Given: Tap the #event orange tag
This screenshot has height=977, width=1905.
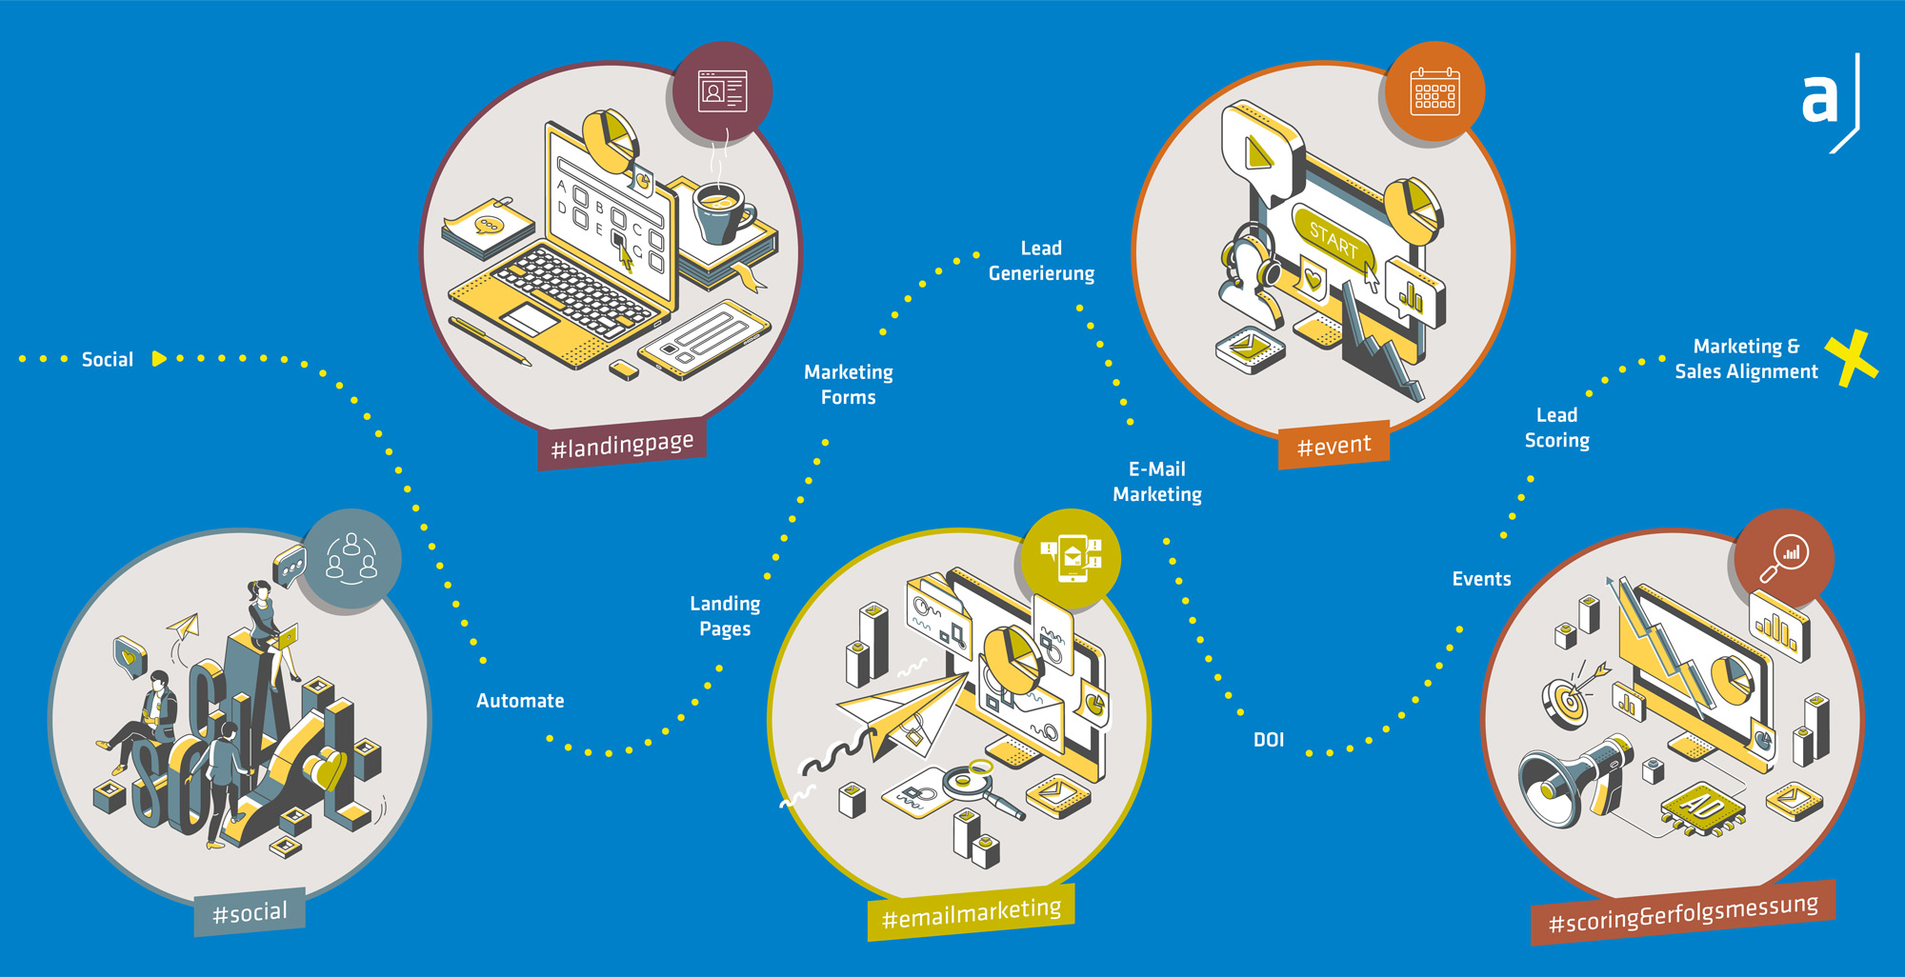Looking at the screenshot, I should click(1333, 445).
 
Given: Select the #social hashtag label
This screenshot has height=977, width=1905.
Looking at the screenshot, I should click(250, 913).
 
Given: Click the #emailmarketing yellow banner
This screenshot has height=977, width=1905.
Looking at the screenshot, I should click(971, 913).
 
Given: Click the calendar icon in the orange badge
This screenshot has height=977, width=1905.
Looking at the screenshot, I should click(1434, 91).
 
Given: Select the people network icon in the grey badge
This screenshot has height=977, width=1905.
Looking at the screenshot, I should click(351, 558).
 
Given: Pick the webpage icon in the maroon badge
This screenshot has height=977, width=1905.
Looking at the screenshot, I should click(722, 91).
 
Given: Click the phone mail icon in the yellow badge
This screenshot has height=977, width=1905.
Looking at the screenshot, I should click(1072, 558).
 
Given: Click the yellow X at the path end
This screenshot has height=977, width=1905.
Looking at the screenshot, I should click(1851, 358).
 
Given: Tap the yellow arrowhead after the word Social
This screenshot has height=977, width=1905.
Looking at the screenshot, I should click(159, 359).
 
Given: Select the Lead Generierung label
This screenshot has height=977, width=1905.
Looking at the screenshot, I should click(1041, 261).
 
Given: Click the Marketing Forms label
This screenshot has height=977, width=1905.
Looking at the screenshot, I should click(848, 385).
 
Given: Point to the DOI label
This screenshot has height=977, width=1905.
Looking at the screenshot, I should click(1268, 740).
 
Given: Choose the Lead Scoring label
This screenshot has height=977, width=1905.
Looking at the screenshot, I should click(1556, 428).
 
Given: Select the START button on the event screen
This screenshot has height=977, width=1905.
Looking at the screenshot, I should click(1333, 242).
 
